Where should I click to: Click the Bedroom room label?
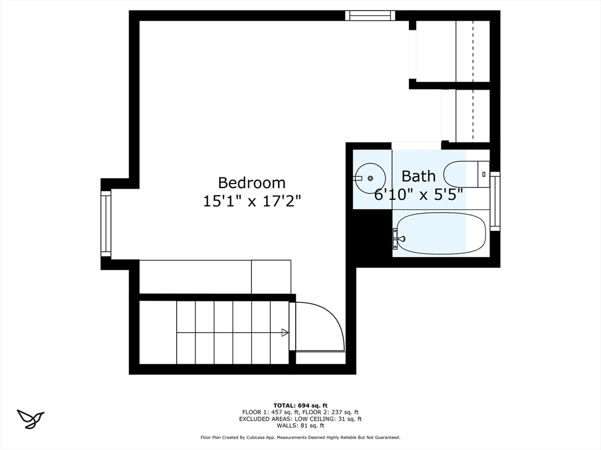click(252, 183)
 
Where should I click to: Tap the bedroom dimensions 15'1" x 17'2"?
click(252, 201)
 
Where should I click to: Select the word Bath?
click(418, 176)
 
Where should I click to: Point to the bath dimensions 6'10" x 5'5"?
click(418, 194)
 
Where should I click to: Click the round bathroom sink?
click(371, 178)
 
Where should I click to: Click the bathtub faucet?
click(399, 238)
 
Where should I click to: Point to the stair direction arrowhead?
click(285, 333)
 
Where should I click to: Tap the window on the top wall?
click(370, 15)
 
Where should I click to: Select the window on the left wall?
click(106, 223)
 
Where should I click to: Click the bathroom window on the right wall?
click(495, 201)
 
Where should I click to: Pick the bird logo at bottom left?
click(31, 418)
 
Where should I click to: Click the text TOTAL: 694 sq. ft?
click(300, 405)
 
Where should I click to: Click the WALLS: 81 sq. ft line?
click(300, 426)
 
